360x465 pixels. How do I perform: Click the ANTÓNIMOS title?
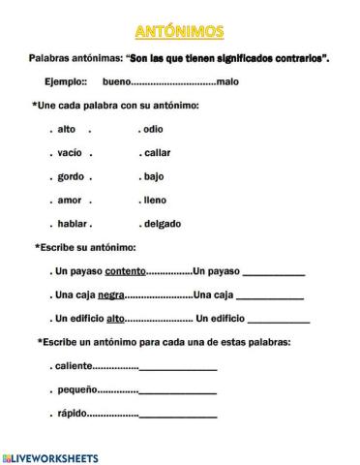[180, 33]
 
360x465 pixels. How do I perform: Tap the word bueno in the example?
[119, 82]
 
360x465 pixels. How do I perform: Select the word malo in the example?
[227, 82]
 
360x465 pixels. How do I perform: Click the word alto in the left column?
[67, 129]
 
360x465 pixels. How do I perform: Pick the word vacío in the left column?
[69, 153]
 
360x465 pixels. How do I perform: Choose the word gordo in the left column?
[70, 176]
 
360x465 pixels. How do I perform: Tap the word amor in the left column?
[69, 200]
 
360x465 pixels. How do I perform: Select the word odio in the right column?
[156, 129]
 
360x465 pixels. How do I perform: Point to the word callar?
[158, 153]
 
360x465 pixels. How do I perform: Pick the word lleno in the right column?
[157, 200]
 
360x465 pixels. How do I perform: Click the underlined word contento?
[125, 270]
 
